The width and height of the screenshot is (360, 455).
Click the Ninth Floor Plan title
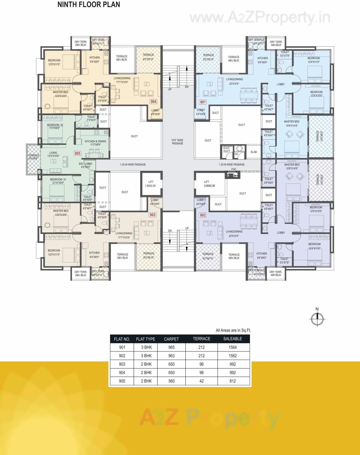[89, 5]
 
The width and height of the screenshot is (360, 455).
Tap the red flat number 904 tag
[153, 102]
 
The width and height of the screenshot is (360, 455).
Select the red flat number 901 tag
[202, 102]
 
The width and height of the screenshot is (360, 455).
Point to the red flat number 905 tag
[77, 153]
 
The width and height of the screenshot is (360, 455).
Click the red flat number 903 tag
[152, 215]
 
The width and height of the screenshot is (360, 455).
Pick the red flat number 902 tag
[202, 215]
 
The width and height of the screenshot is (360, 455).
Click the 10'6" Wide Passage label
[177, 142]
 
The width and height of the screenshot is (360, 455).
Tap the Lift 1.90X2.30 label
[150, 184]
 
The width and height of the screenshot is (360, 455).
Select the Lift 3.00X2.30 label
[209, 184]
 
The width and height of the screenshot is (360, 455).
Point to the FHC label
[234, 169]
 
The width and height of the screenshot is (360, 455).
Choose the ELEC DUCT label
[227, 150]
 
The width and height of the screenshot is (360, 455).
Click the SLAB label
[253, 152]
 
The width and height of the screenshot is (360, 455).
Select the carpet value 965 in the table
[171, 347]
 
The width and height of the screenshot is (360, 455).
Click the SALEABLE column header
[233, 339]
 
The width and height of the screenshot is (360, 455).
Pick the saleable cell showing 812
[233, 381]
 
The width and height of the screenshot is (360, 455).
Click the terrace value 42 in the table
[201, 381]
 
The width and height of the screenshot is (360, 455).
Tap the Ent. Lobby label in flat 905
[86, 165]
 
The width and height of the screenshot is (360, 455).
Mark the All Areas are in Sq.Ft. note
[233, 330]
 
